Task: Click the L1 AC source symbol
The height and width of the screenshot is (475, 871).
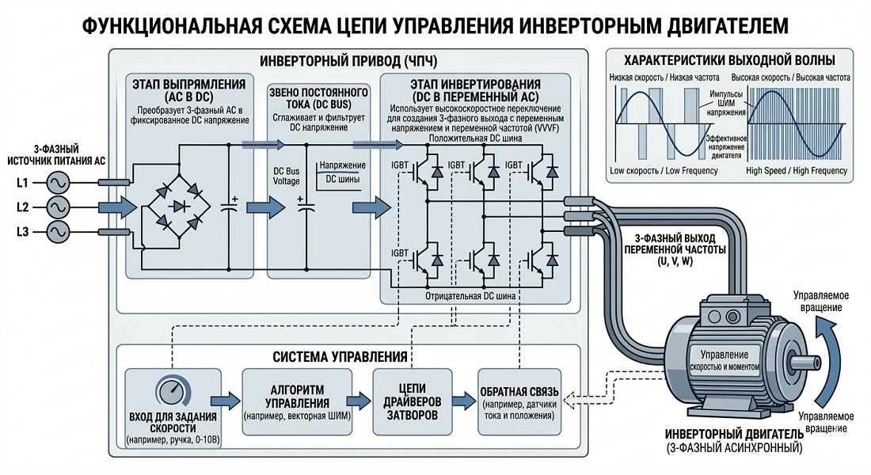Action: (58, 184)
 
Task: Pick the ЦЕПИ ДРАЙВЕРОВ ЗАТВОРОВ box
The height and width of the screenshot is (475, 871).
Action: (413, 399)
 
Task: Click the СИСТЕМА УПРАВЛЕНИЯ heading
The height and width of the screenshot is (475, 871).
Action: (341, 356)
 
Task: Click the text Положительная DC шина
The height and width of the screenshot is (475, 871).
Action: (474, 139)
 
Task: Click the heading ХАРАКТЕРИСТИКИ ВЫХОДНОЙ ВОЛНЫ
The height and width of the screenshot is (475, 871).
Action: (728, 60)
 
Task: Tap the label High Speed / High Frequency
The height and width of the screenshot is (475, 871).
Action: (797, 171)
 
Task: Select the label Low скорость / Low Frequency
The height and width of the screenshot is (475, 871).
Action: (660, 171)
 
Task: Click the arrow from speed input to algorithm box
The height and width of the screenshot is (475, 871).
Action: (227, 397)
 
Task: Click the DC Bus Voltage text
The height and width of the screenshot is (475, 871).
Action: (287, 176)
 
